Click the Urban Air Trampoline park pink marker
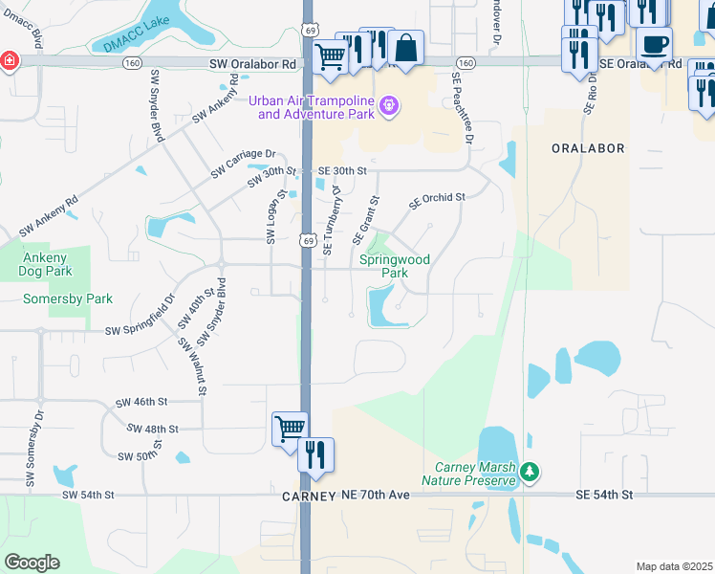(x=388, y=106)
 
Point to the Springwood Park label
(x=395, y=266)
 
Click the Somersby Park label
(x=68, y=298)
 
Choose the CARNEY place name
(x=309, y=497)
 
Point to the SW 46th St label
(x=141, y=403)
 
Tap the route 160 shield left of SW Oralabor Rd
(x=133, y=62)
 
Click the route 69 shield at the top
(x=310, y=32)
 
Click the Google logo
(x=32, y=563)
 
